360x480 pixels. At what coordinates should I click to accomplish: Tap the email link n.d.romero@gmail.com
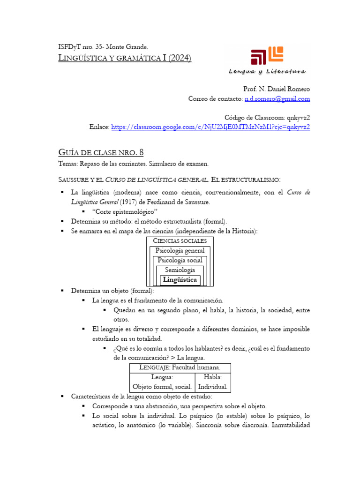(277, 99)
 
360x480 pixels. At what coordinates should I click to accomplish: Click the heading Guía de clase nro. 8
(101, 152)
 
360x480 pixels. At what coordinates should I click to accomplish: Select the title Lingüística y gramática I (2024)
(124, 58)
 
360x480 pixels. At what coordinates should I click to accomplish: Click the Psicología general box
(180, 251)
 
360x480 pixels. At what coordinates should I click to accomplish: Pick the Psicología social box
(180, 261)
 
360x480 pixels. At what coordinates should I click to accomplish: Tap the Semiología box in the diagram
(180, 270)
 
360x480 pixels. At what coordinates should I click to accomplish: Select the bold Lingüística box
(180, 280)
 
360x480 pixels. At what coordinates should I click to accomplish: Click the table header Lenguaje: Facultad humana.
(180, 367)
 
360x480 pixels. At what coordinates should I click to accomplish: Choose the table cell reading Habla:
(213, 377)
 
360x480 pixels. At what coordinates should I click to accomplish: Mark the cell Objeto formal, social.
(162, 387)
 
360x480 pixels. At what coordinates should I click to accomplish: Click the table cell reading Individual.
(213, 387)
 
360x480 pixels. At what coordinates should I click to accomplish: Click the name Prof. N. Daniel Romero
(277, 89)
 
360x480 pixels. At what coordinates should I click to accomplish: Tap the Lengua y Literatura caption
(267, 72)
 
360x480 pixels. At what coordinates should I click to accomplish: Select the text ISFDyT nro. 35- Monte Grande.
(103, 47)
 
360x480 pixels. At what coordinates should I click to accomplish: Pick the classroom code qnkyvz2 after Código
(298, 117)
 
